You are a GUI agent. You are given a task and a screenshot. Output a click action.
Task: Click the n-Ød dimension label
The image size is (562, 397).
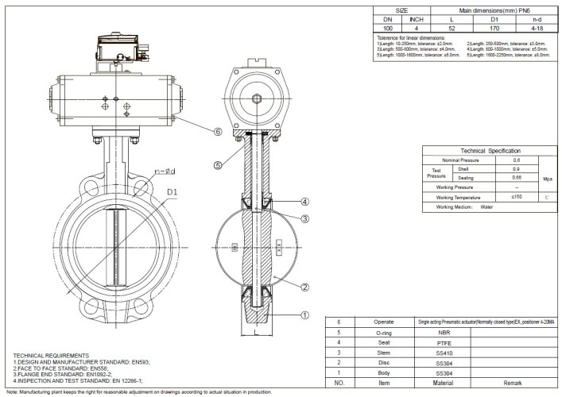(165, 170)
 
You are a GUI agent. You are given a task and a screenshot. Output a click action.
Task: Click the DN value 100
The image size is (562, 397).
(388, 27)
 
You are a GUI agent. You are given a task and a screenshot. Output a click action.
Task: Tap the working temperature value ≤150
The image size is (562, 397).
(516, 195)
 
